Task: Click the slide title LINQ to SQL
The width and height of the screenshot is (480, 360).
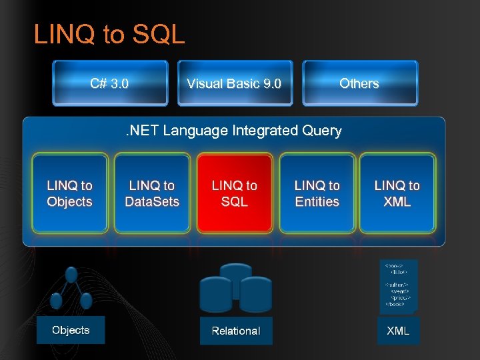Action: [x=109, y=35]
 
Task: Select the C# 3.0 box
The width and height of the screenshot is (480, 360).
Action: [x=110, y=83]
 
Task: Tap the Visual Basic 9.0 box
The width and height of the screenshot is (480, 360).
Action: [x=234, y=83]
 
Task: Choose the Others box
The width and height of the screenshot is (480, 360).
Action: [x=359, y=83]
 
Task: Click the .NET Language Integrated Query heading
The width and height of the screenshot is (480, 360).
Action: [x=234, y=131]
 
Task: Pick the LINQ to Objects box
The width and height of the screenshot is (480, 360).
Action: [x=69, y=193]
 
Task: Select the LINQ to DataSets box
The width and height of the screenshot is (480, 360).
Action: [x=152, y=193]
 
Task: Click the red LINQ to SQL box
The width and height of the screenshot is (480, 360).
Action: [x=234, y=193]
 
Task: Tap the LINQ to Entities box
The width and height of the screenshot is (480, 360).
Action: [x=317, y=193]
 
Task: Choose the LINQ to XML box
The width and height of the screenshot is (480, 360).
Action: [x=397, y=193]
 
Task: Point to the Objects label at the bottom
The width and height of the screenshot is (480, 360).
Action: [x=71, y=330]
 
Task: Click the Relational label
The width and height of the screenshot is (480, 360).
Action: [x=236, y=331]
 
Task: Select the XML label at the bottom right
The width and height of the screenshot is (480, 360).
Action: [x=398, y=330]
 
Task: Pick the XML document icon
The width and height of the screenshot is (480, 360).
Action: [x=398, y=285]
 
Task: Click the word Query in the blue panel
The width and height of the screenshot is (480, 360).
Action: [x=321, y=131]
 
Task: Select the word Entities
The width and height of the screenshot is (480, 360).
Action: [x=317, y=201]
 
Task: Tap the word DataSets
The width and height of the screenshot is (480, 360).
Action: [x=152, y=201]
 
